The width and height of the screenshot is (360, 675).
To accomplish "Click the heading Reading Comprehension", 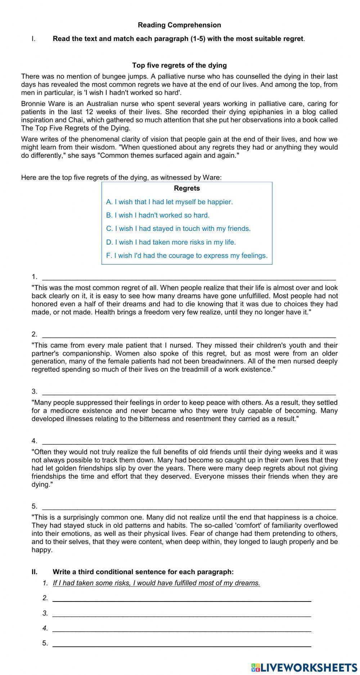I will click(x=179, y=25).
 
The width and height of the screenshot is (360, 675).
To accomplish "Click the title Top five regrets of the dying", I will click(x=179, y=65).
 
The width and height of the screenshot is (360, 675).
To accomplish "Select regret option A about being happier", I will click(x=169, y=202).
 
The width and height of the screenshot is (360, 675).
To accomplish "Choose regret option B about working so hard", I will click(x=158, y=215).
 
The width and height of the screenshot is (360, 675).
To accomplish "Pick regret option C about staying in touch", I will click(x=178, y=228).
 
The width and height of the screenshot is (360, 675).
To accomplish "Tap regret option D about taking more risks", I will click(x=171, y=242).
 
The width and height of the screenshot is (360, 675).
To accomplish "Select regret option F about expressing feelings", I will click(x=187, y=255).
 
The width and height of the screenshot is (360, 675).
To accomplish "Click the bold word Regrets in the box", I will click(x=187, y=188).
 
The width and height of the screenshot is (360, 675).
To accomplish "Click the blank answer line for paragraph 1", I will click(x=189, y=277).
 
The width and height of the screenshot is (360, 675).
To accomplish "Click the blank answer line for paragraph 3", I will click(x=189, y=392).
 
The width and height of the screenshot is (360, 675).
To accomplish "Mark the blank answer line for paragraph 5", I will click(x=189, y=507).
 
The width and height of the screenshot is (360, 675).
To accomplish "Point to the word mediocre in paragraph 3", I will click(x=64, y=411).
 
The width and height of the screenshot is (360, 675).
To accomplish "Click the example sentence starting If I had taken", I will click(x=156, y=583).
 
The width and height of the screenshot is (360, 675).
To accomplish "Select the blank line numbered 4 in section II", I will click(x=182, y=628).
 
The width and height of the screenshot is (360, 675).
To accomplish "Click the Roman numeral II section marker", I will click(x=35, y=572).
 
